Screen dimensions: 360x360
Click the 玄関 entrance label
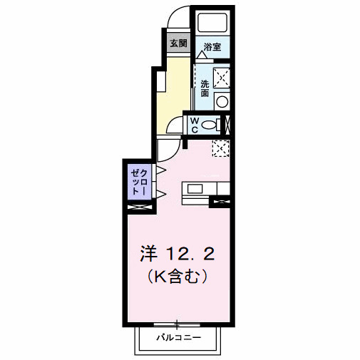[x=178, y=43]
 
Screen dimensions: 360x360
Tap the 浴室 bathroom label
[x=212, y=48]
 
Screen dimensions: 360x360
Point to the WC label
[x=193, y=125]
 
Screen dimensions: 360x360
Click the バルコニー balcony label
[x=179, y=337]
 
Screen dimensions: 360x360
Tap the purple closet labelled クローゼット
[x=138, y=183]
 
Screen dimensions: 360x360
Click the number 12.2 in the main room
[x=190, y=252]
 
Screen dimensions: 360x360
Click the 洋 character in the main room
[x=148, y=252]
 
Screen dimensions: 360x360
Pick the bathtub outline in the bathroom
[x=212, y=21]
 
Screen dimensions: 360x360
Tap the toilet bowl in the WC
[x=210, y=125]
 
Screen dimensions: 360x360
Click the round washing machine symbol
[x=221, y=101]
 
